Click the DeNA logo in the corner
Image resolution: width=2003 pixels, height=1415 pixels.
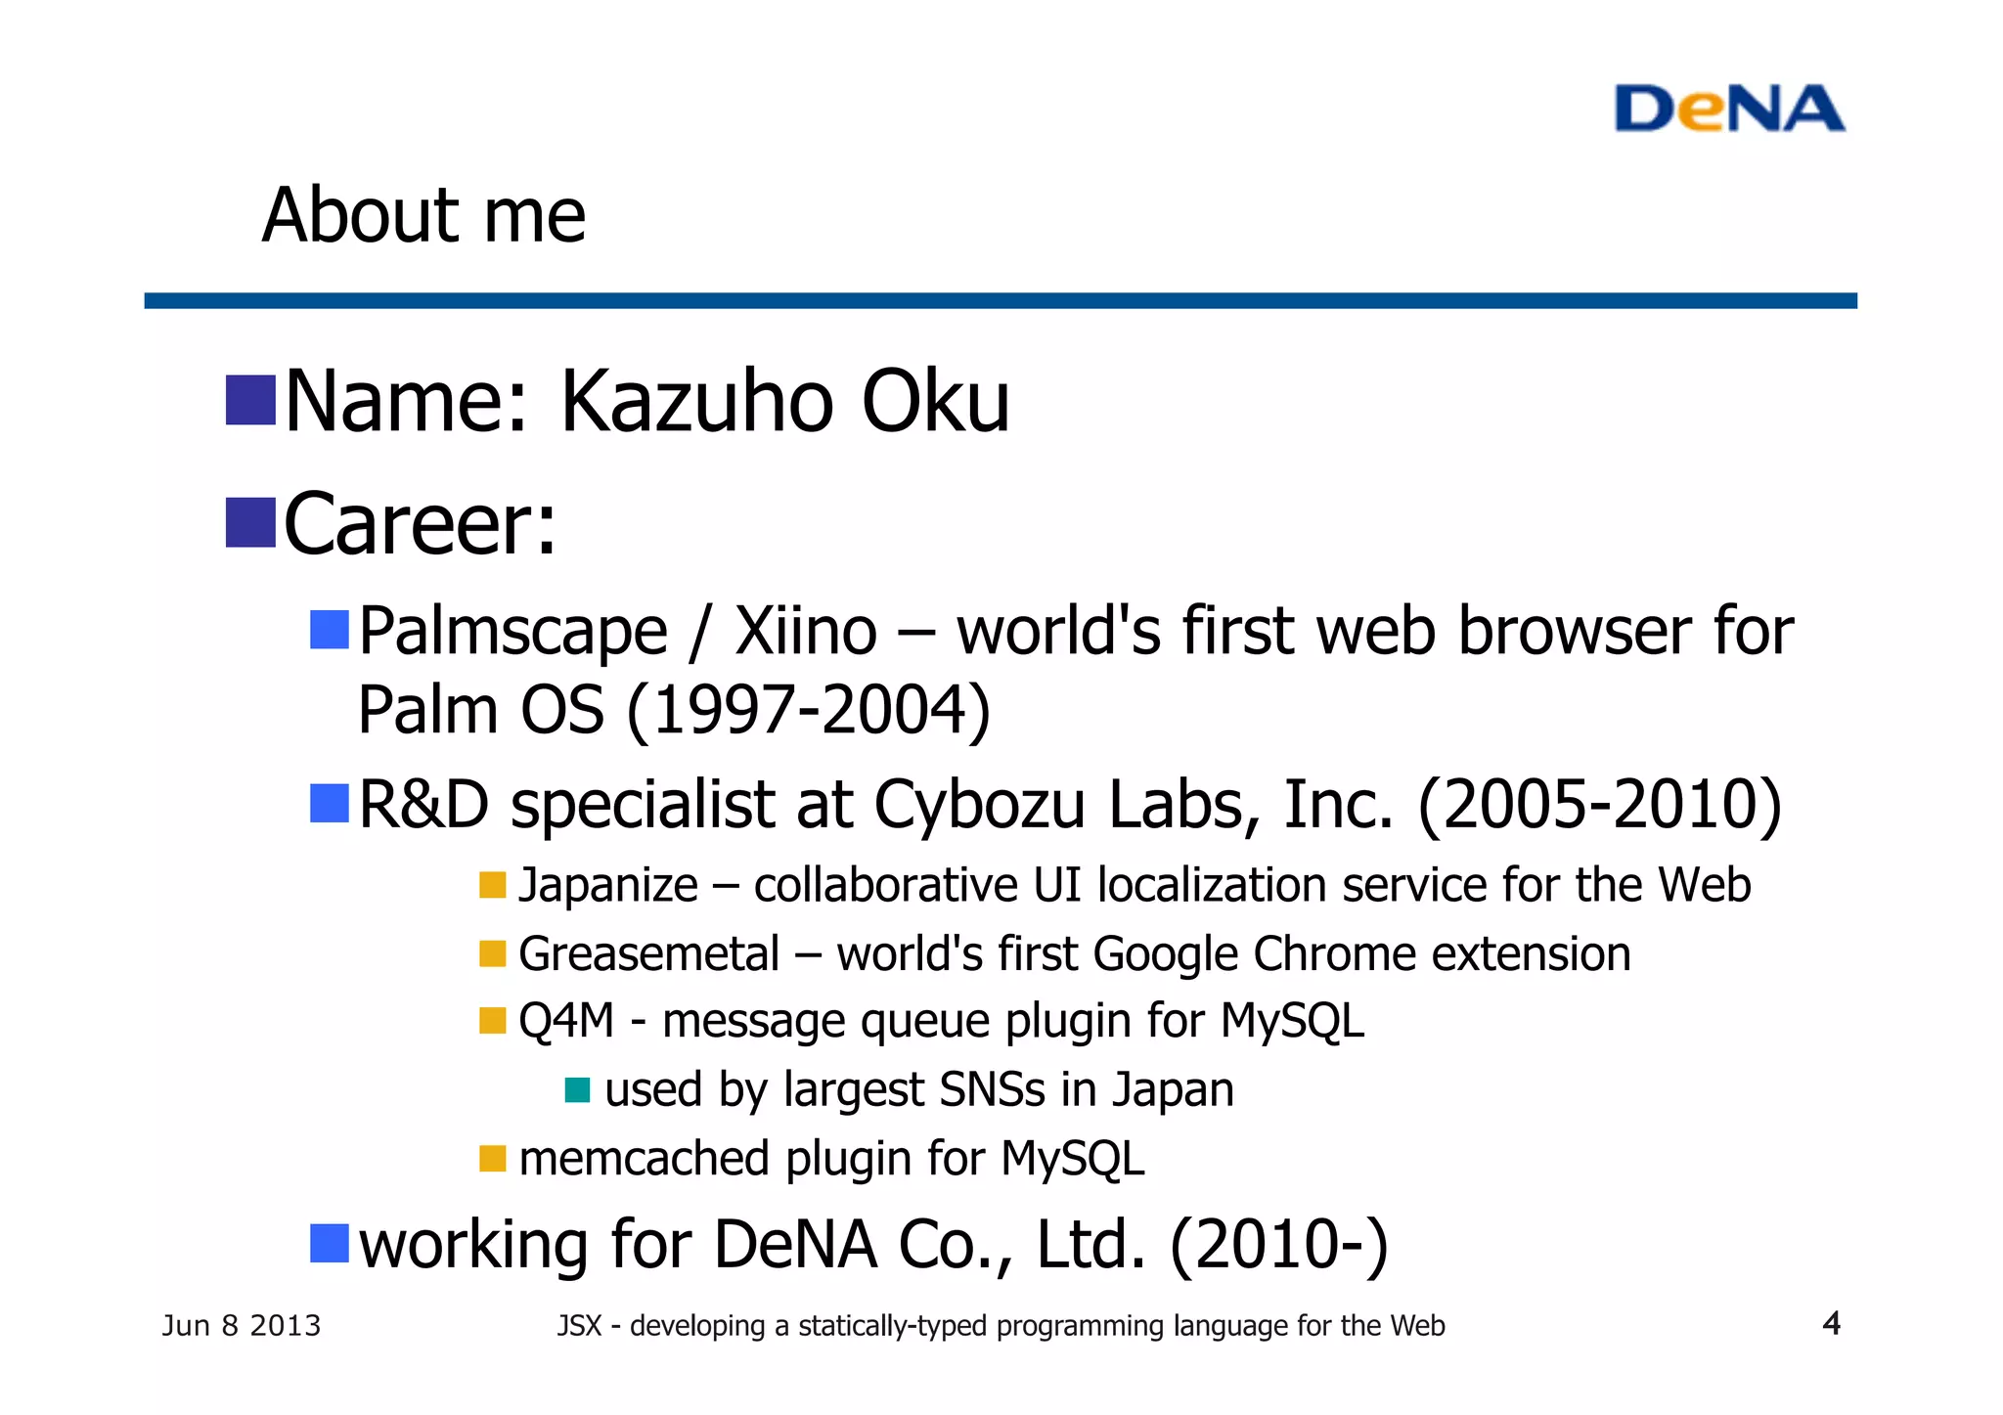(1728, 109)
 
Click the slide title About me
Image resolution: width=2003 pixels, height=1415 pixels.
(423, 215)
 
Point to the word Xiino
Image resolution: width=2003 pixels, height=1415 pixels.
(806, 631)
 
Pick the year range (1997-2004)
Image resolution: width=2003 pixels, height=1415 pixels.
(808, 710)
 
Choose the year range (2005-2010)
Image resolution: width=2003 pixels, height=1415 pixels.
(1599, 805)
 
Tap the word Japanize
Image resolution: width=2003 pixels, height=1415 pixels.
(607, 886)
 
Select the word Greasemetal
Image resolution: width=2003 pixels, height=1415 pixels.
(648, 954)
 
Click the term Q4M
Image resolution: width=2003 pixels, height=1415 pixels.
(566, 1022)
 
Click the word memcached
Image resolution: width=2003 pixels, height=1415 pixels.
(645, 1160)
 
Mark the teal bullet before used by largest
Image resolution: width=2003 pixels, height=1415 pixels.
(578, 1089)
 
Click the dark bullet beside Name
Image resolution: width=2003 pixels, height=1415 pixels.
(250, 401)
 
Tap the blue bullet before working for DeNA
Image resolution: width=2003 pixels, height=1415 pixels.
(330, 1243)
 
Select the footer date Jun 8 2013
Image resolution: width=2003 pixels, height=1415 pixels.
(241, 1326)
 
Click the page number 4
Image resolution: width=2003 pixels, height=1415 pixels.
(1831, 1324)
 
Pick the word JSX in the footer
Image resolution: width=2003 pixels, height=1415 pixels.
(579, 1326)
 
